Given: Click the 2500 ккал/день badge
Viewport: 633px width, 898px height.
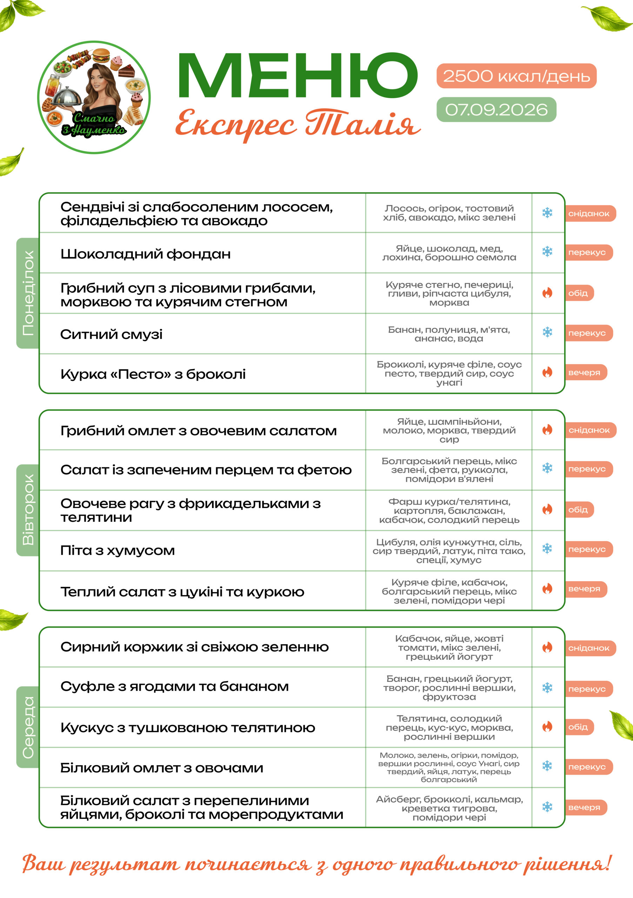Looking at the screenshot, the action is [x=517, y=76].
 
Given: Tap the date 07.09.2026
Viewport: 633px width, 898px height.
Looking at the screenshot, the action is [x=497, y=109].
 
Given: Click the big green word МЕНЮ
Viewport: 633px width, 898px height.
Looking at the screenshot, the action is [x=299, y=75].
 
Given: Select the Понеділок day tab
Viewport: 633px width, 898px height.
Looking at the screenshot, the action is [x=28, y=293].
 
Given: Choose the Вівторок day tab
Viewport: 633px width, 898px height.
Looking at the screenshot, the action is [x=28, y=510].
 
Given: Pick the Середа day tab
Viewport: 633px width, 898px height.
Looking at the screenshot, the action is [x=28, y=727].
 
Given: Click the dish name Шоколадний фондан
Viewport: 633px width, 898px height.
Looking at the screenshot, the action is [x=146, y=254].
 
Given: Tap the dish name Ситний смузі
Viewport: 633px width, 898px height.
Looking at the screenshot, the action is [x=111, y=334].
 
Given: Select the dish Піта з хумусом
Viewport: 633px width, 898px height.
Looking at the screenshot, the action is [x=117, y=551].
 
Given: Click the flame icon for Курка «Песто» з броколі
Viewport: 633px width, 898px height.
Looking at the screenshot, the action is [x=547, y=372].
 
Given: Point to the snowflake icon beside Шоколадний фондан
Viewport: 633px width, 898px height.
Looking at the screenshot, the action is [x=547, y=252].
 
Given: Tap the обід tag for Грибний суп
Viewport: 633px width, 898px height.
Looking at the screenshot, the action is [x=579, y=293].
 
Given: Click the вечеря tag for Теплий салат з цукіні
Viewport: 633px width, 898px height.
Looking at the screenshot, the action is [x=586, y=589].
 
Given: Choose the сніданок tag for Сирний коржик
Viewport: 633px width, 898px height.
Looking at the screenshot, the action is [x=590, y=648].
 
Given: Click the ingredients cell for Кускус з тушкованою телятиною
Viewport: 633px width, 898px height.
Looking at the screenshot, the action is [x=449, y=728].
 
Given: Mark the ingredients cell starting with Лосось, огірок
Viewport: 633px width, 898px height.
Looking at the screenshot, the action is [x=449, y=213].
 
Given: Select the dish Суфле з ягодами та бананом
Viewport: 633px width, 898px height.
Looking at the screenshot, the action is [x=174, y=686].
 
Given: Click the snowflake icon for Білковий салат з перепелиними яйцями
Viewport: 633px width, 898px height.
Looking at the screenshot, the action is [x=547, y=807].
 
